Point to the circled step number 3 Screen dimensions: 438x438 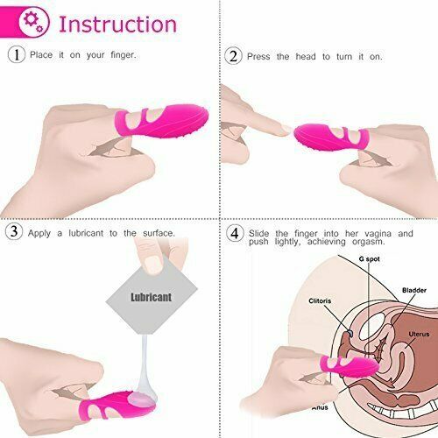click(15, 232)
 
